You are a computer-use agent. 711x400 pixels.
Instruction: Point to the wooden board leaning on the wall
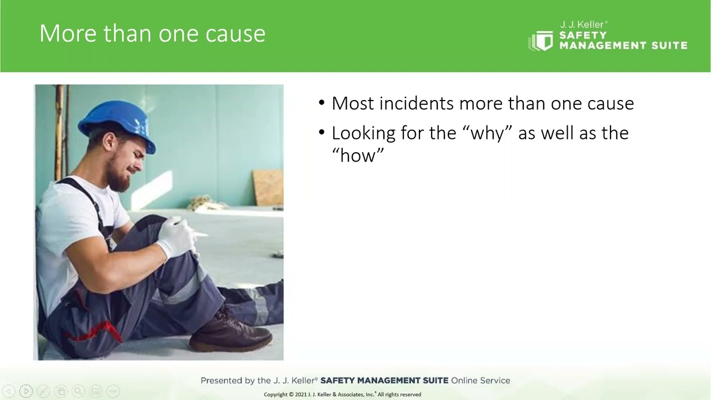point(268,187)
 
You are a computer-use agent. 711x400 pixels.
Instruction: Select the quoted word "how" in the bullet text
point(358,156)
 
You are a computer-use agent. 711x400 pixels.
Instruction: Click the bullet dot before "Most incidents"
point(322,103)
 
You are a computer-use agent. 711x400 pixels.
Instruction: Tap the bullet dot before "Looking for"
point(322,133)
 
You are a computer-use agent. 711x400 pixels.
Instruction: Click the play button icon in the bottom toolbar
point(26,391)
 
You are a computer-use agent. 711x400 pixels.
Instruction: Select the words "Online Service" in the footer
point(480,381)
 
